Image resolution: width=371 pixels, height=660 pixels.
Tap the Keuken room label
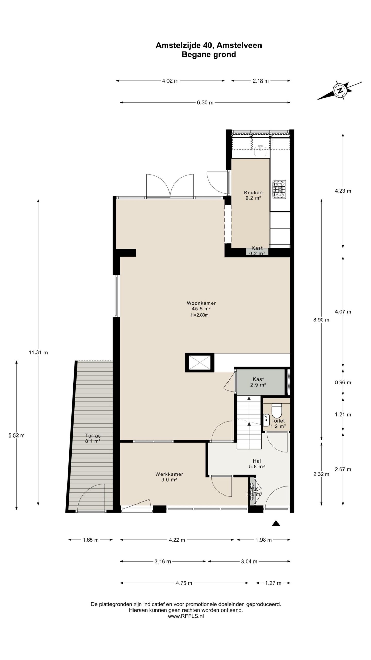click(x=253, y=192)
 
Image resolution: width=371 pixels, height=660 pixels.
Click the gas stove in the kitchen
click(x=279, y=189)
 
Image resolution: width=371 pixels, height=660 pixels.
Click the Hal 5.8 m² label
click(x=257, y=464)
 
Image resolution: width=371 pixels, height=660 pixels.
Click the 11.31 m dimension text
click(x=38, y=353)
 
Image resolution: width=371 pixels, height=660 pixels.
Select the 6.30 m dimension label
click(x=205, y=103)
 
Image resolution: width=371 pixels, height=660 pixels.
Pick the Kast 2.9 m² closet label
click(x=258, y=382)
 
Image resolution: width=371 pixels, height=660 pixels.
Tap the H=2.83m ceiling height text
click(x=199, y=315)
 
